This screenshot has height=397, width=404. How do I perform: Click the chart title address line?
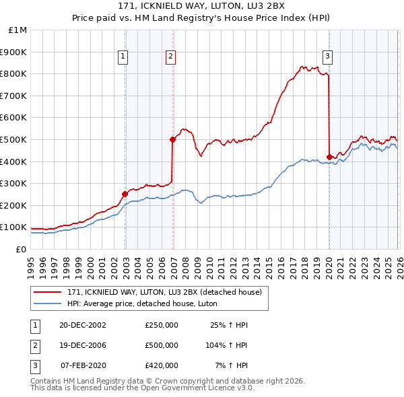click(x=202, y=7)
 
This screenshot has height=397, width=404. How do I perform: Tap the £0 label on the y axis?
click(x=21, y=249)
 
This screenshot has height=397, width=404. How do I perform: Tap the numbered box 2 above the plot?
click(x=171, y=57)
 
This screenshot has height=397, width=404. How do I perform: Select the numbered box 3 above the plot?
click(x=327, y=57)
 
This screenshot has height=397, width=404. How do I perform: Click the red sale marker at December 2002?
click(x=125, y=194)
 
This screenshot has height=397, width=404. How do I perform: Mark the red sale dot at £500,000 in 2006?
click(x=172, y=139)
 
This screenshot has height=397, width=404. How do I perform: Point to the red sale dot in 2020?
click(x=329, y=157)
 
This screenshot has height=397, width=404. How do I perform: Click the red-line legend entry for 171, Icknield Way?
click(x=168, y=292)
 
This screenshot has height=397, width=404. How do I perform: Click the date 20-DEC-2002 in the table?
click(x=82, y=326)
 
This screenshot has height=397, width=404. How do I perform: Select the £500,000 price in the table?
click(x=162, y=345)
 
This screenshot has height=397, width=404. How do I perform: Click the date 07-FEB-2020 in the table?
click(x=82, y=365)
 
